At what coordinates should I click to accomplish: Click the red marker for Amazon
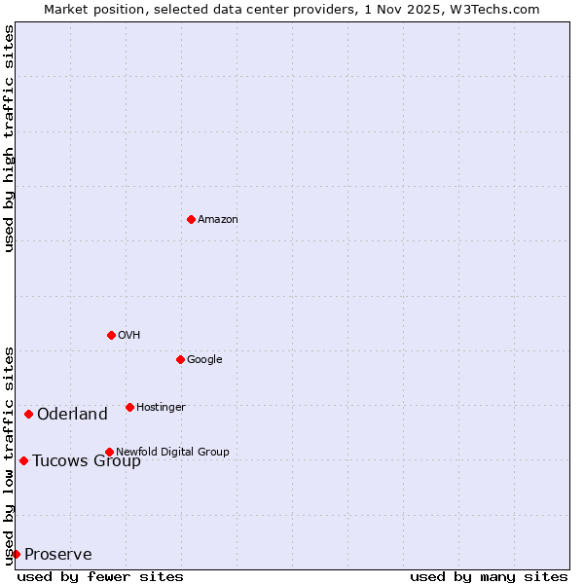[191, 219]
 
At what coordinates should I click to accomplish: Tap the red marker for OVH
[111, 335]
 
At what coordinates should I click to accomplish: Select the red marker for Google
[180, 359]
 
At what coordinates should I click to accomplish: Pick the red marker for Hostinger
[129, 407]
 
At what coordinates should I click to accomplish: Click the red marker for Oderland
[29, 415]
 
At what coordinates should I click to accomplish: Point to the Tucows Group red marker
[23, 460]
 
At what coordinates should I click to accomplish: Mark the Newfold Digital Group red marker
[109, 452]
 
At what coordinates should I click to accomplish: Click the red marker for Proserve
[16, 554]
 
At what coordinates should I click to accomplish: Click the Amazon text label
[218, 219]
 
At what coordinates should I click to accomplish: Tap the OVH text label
[129, 335]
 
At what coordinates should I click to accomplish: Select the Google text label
[204, 359]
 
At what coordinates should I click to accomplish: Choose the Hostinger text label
[161, 407]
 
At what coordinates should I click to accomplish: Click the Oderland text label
[72, 415]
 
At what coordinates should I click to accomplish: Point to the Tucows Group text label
[87, 461]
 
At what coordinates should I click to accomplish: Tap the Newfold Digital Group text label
[172, 452]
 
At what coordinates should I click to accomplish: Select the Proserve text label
[58, 555]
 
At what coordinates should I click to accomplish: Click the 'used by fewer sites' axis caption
[100, 576]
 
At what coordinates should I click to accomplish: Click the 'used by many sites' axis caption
[489, 576]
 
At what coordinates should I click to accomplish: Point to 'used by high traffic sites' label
[9, 138]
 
